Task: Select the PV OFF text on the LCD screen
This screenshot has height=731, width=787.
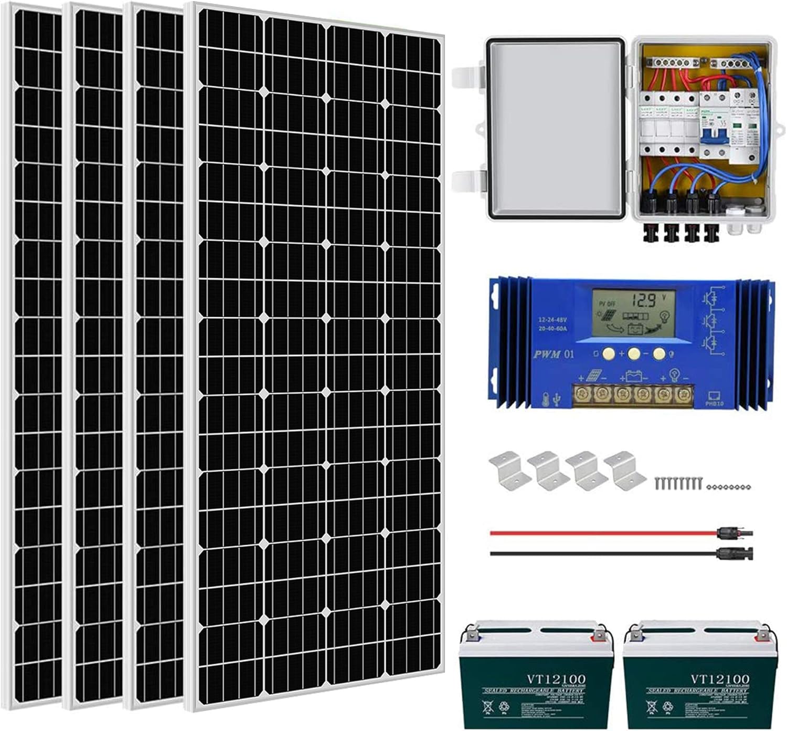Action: pyautogui.click(x=607, y=304)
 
